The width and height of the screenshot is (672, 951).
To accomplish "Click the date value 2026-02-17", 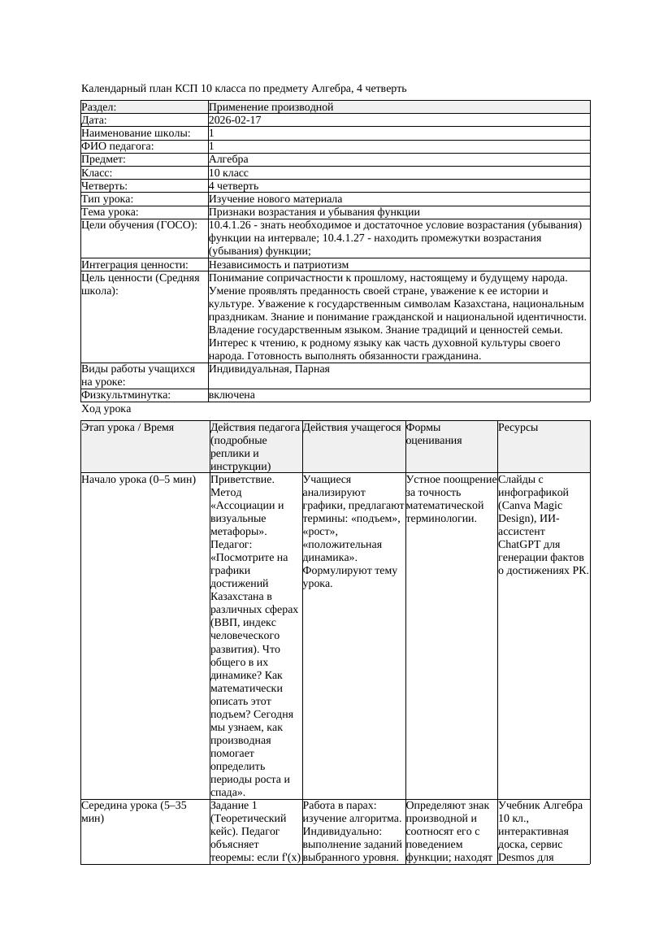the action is tap(235, 120).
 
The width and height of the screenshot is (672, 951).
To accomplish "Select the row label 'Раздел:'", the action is tap(99, 107).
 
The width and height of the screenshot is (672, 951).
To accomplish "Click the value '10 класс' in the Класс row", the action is tap(228, 173).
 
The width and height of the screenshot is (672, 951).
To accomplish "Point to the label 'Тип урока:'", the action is tap(107, 199).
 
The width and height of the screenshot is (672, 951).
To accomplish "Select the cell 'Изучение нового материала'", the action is tap(275, 199).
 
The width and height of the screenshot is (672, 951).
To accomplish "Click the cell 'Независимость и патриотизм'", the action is tap(279, 265).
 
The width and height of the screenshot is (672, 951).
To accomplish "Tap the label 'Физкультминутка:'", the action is tap(126, 395).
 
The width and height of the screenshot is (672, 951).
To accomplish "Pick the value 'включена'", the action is tap(232, 395).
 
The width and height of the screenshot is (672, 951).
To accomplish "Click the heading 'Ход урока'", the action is tap(106, 409).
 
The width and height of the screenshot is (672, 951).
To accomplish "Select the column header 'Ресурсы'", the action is tap(518, 428).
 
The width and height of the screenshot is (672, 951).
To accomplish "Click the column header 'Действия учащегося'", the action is tap(352, 428).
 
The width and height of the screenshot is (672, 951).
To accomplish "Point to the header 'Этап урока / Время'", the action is tap(128, 428).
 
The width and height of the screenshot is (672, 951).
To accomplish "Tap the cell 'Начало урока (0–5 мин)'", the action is tap(138, 480).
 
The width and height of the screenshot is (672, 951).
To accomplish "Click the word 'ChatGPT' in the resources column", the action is tap(518, 545).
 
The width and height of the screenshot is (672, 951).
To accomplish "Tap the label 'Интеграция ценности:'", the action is tap(135, 265).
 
